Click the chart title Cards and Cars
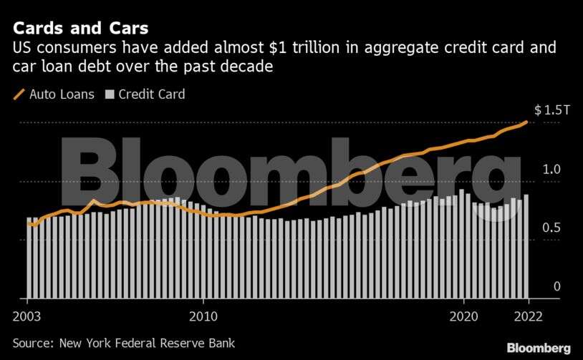tap(79, 29)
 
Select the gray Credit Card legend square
tap(110, 94)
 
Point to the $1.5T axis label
tap(551, 111)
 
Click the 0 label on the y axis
tap(556, 286)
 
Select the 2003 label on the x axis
tap(27, 316)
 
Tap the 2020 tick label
tap(463, 316)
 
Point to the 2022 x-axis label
tap(529, 316)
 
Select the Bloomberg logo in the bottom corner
tap(539, 348)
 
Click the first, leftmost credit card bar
tap(29, 258)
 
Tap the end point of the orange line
tap(527, 122)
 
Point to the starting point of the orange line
tap(29, 225)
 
